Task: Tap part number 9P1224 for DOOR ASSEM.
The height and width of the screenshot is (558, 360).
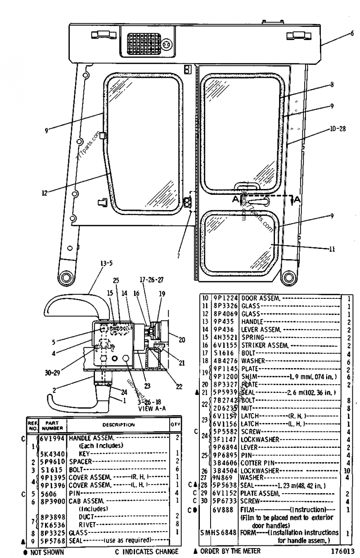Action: (226, 298)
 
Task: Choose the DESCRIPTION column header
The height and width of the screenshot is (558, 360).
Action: (118, 424)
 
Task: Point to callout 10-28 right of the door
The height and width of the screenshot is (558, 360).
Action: (337, 129)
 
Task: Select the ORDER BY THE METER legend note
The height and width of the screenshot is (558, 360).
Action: (227, 551)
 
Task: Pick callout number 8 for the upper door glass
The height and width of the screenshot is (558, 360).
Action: (332, 84)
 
